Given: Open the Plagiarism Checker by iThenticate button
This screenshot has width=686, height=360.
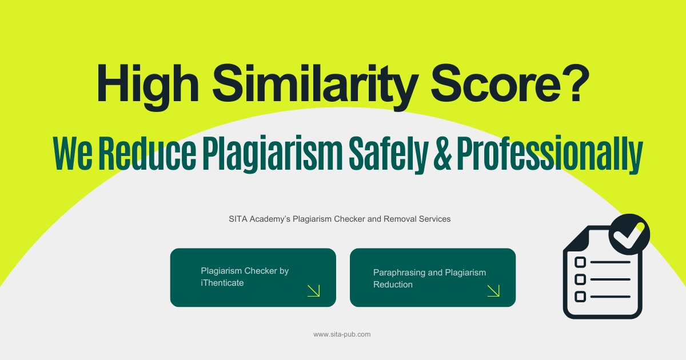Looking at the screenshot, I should click(253, 277).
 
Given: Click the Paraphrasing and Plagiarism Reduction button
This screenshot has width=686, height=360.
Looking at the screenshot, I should click(432, 277).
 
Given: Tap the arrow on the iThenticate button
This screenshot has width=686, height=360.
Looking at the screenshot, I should click(314, 290).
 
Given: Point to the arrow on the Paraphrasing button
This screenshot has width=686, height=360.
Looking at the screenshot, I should click(493, 290).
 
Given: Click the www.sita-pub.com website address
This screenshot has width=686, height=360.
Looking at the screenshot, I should click(342, 334).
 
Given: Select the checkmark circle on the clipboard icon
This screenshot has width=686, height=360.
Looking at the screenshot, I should click(629, 234).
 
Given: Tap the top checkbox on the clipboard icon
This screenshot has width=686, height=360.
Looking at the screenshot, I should click(580, 262).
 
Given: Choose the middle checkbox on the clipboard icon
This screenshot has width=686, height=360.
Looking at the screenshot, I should click(580, 279).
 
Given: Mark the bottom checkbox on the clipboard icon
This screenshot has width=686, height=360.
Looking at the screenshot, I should click(580, 297).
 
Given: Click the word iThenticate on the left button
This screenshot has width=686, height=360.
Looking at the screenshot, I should click(222, 283).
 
